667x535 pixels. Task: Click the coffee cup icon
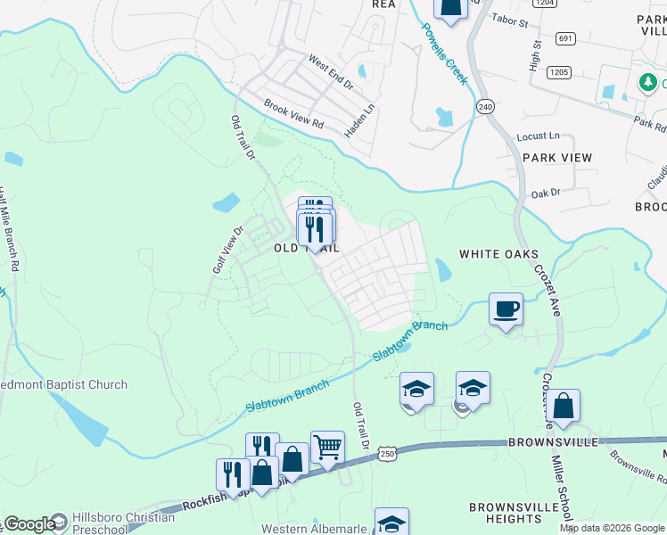pos(506,309)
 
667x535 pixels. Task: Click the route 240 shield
pos(485,105)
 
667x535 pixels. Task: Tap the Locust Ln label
pos(539,137)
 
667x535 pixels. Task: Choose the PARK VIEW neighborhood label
pos(557,158)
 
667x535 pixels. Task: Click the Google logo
pos(29,524)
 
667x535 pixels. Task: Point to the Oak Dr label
pos(545,193)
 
